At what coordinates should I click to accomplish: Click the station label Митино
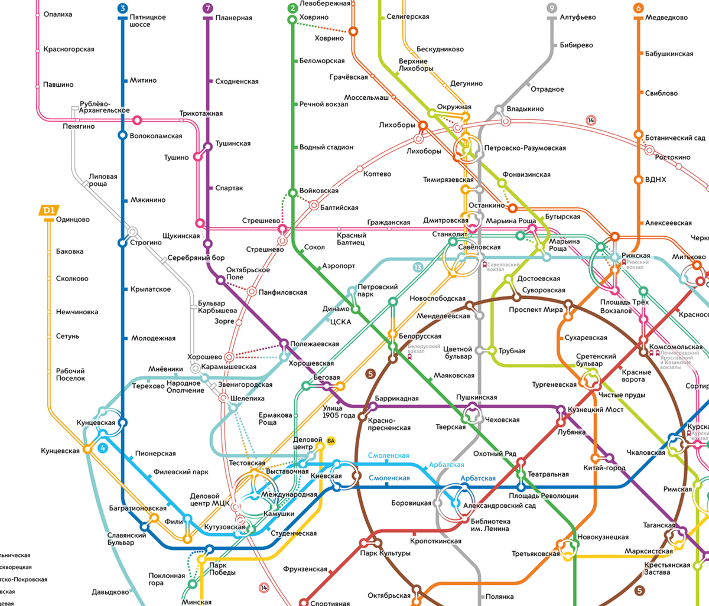click(x=143, y=80)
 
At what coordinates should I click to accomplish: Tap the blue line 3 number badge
click(x=122, y=8)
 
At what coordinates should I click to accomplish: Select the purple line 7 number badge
click(x=207, y=8)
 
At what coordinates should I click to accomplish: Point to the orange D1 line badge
click(x=48, y=210)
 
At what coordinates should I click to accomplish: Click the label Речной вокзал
click(x=324, y=104)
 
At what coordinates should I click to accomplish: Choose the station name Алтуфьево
click(x=578, y=17)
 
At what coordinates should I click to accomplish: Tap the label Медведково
click(x=666, y=17)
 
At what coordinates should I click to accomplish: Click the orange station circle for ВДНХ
click(x=638, y=180)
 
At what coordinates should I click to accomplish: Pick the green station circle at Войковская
click(x=292, y=193)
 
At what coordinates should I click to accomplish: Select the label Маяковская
click(x=454, y=376)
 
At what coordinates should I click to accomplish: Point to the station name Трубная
click(x=512, y=351)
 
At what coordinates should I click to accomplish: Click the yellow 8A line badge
click(x=331, y=441)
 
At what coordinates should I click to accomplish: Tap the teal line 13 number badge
click(x=418, y=267)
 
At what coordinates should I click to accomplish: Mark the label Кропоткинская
click(x=436, y=541)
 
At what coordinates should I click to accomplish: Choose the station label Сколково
click(x=72, y=279)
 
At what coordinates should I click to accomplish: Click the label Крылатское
click(x=151, y=289)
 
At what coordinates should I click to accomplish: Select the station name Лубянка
click(x=571, y=432)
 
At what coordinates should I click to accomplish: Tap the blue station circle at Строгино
click(x=122, y=243)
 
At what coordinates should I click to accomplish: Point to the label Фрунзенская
click(x=305, y=569)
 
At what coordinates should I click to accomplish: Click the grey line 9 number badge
click(x=552, y=8)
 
